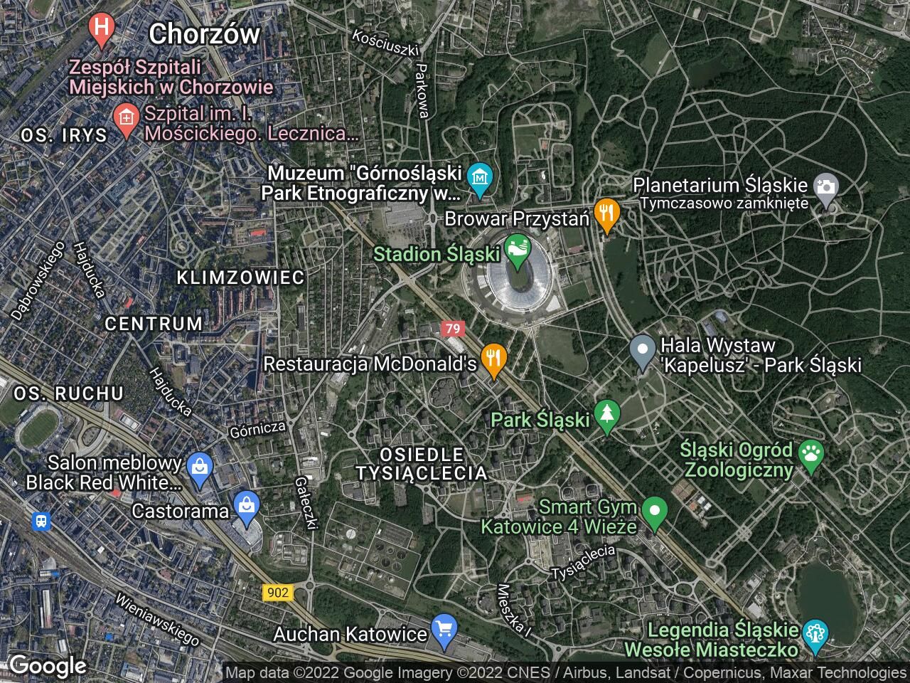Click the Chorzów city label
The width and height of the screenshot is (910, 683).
[205, 33]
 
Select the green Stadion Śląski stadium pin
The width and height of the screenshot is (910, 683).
[517, 250]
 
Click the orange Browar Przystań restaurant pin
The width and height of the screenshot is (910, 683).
[606, 214]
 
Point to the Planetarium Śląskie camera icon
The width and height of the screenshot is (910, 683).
[826, 188]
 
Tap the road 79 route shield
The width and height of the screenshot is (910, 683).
[452, 329]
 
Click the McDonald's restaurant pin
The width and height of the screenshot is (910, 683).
[493, 359]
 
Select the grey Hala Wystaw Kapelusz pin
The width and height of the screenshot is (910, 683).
[643, 350]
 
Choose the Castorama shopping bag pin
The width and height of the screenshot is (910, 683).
[247, 507]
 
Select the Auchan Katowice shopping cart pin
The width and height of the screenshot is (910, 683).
[444, 630]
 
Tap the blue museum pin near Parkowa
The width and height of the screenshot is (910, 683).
[481, 177]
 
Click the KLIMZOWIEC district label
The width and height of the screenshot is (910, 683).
[240, 277]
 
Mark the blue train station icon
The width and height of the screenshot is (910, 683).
[43, 521]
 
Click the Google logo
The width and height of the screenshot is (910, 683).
[47, 666]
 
